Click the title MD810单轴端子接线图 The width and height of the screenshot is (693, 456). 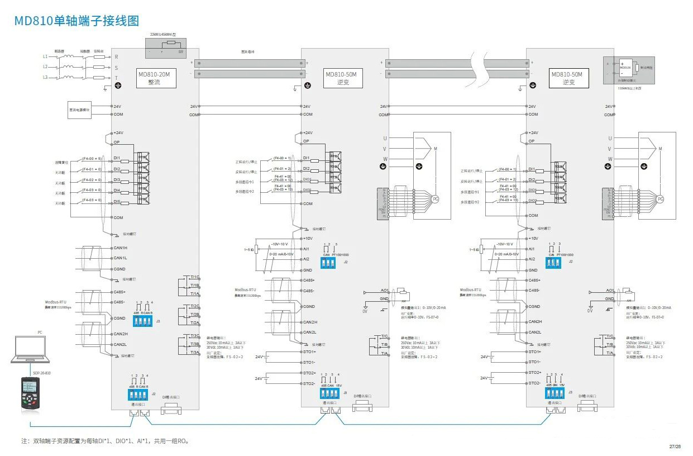coord(76,21)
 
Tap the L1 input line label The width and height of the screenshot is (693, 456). coord(45,56)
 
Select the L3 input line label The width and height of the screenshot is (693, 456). coord(45,77)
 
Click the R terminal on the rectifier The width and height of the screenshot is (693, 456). coord(116,56)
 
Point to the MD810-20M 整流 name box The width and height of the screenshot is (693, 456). coord(157,78)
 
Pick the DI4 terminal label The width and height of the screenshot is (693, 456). coord(117,191)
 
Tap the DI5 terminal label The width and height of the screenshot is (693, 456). coord(117,201)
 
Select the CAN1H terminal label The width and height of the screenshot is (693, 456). coord(121,248)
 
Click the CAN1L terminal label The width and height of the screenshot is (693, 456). coord(121,258)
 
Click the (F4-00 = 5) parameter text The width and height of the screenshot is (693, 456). coord(92,159)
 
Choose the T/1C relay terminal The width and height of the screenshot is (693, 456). coord(195,277)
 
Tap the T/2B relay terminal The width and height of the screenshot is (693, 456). coord(195,315)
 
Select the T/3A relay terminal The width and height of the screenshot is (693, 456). coord(195,352)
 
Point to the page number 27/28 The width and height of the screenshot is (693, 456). coord(675,446)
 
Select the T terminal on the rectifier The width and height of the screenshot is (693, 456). coord(116,78)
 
